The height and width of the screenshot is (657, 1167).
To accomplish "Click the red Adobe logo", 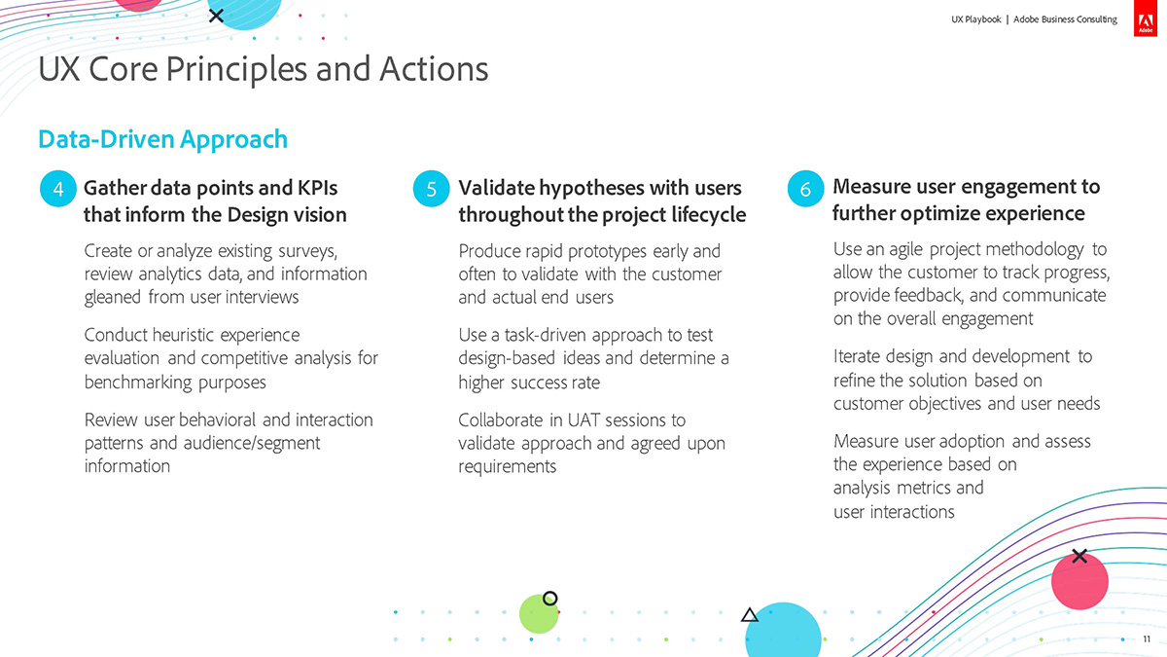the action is click(1146, 18).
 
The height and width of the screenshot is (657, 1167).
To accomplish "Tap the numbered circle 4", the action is click(57, 189).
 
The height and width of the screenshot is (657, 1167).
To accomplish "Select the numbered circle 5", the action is click(432, 189).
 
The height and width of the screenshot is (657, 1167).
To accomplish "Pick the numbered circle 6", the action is click(805, 189).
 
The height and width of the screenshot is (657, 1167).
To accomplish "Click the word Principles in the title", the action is click(236, 70).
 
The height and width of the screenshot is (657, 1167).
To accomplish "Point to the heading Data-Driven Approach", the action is click(162, 140).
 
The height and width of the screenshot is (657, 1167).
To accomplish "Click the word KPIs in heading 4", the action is click(317, 188).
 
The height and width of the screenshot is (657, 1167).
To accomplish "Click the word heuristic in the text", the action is click(183, 335).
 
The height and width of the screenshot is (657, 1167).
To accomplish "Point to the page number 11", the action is click(1147, 639).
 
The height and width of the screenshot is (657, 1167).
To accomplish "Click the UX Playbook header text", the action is click(975, 19).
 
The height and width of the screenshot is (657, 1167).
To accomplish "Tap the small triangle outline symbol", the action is click(750, 615).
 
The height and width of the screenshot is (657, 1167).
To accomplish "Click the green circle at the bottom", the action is click(539, 614).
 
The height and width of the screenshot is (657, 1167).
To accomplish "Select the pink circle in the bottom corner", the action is click(1079, 581).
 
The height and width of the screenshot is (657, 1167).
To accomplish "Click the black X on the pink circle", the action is click(1079, 556).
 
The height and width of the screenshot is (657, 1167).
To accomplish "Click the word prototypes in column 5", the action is click(607, 252).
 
